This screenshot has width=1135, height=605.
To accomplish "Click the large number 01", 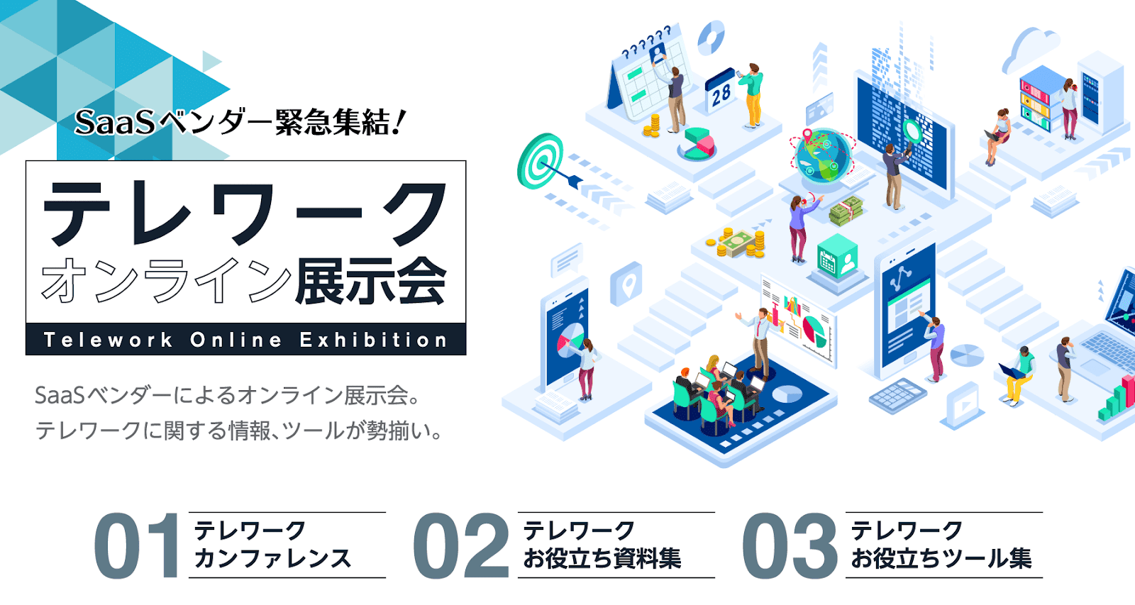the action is (x=136, y=545).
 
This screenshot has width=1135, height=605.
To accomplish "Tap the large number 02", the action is (x=460, y=545).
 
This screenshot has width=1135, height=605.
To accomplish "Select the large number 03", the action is (x=790, y=545).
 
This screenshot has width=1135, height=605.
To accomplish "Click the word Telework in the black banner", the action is (x=108, y=340).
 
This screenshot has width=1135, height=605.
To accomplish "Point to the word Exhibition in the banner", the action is (x=373, y=340).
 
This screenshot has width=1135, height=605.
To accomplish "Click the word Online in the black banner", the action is (x=236, y=340).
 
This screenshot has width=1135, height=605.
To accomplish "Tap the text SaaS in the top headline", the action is (x=114, y=123).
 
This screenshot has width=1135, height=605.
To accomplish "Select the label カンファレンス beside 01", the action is (x=272, y=559).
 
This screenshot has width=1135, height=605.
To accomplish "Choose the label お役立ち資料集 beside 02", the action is (x=602, y=559).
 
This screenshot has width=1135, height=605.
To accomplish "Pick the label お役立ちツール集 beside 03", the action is (x=941, y=559).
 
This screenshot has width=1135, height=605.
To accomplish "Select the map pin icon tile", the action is (x=626, y=284).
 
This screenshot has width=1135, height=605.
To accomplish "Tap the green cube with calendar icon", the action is (x=837, y=257).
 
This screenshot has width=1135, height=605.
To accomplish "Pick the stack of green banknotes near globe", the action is (x=846, y=211).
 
